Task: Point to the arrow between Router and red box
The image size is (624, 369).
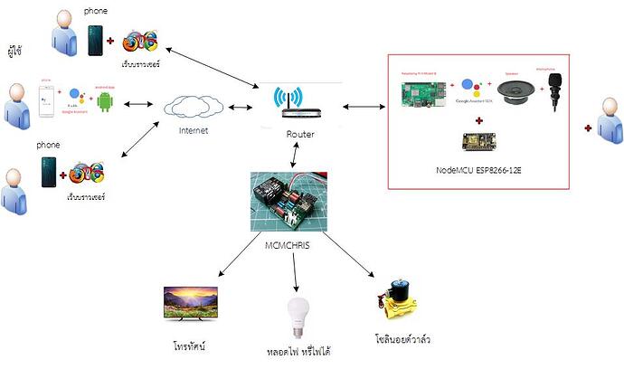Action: pos(364,107)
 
